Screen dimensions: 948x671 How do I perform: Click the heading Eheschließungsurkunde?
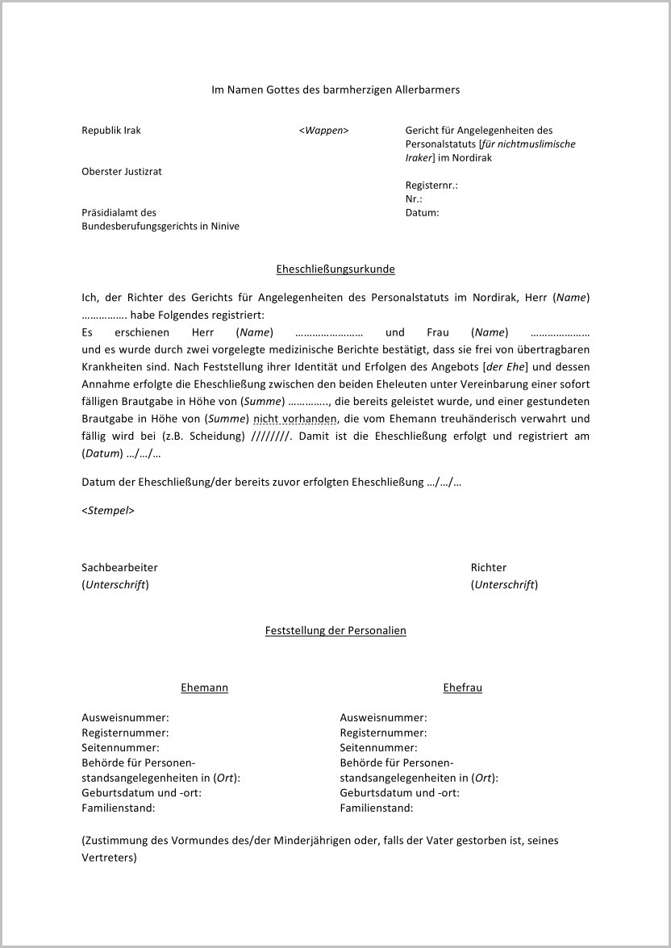click(335, 269)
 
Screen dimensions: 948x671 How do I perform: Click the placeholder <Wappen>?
click(323, 131)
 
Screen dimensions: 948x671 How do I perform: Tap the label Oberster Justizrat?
click(122, 172)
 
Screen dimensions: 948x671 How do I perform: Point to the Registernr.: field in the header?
click(431, 186)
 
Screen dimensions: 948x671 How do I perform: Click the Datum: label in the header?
click(423, 213)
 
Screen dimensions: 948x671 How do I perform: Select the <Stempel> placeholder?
click(108, 511)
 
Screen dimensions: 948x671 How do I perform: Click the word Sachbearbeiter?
click(119, 568)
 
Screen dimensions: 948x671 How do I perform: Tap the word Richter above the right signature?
click(489, 568)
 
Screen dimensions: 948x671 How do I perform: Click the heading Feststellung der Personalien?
click(335, 631)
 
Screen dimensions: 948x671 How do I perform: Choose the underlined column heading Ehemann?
click(204, 688)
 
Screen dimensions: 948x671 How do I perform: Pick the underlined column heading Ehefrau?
click(462, 688)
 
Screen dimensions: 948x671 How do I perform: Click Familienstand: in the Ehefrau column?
click(377, 808)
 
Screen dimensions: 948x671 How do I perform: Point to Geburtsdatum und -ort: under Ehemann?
click(142, 793)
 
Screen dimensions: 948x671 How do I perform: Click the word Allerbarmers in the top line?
click(427, 90)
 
